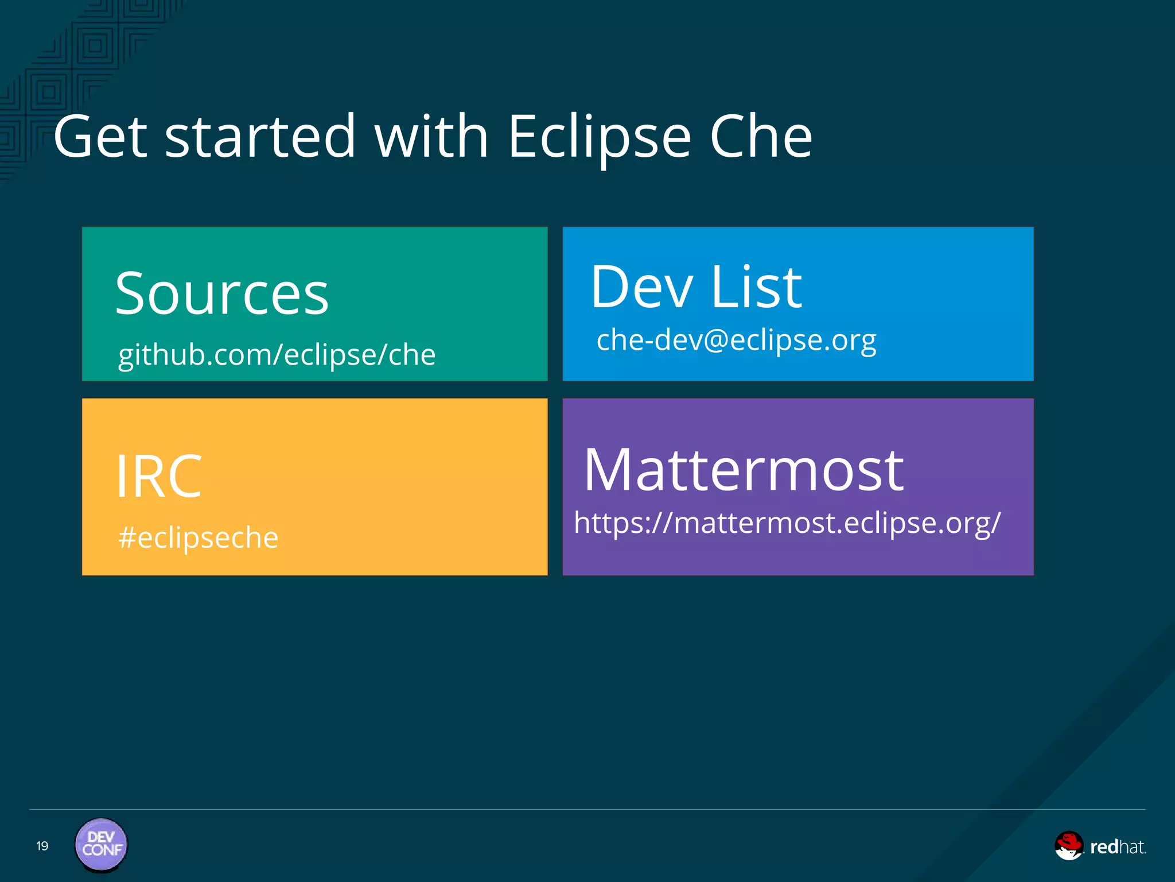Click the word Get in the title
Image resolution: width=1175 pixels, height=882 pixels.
tap(100, 137)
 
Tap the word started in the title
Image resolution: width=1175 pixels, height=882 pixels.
tap(260, 137)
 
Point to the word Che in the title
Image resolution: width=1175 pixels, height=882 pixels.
tap(761, 137)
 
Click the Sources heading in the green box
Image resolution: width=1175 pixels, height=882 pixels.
tap(222, 294)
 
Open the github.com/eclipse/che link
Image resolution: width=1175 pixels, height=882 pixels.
tap(277, 355)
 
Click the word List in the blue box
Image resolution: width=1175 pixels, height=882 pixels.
tap(756, 287)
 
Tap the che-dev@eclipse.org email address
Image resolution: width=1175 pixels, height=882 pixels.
tap(736, 340)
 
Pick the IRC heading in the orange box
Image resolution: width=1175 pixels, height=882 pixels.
tap(159, 476)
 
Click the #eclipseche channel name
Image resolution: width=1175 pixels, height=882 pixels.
tap(199, 538)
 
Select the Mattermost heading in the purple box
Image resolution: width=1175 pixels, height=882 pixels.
tap(744, 470)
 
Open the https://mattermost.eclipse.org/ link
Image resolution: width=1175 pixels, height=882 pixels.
tap(787, 523)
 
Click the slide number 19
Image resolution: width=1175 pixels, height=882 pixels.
tap(42, 846)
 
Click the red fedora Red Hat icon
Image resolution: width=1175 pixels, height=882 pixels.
tap(1068, 845)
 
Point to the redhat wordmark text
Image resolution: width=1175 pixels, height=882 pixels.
tap(1117, 847)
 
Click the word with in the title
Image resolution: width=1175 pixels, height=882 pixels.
tap(431, 137)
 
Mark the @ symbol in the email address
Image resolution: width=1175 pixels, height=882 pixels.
tap(715, 340)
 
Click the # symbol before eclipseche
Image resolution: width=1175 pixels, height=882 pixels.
tap(127, 538)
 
